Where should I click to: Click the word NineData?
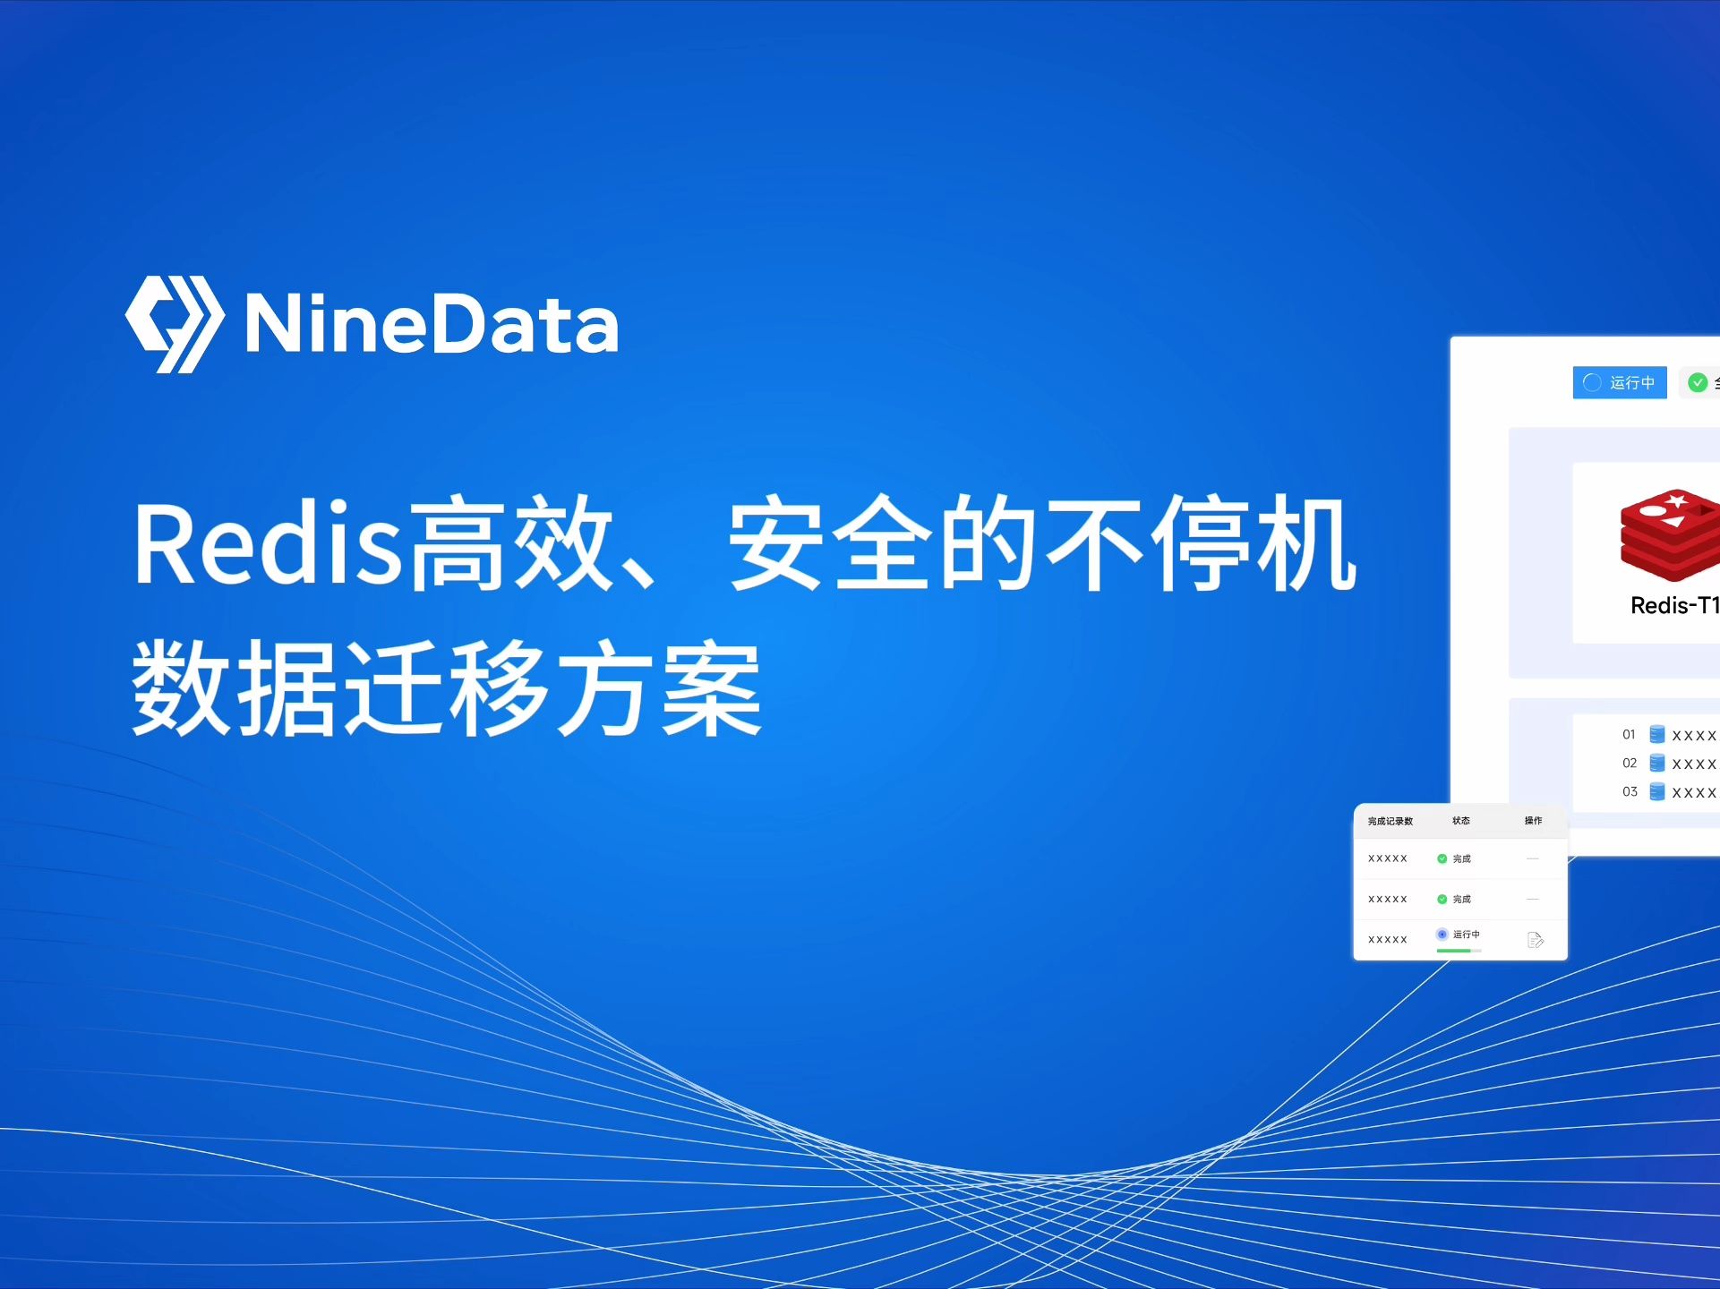pos(432,325)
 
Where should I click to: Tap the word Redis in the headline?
pos(267,544)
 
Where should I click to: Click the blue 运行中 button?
pos(1619,383)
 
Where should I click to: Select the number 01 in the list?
pos(1629,735)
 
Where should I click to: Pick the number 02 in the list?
pos(1629,764)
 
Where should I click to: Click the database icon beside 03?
pos(1657,792)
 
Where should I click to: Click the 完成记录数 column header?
pos(1390,821)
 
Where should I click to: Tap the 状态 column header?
pos(1460,821)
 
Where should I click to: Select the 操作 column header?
pos(1533,821)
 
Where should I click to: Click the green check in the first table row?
pos(1442,858)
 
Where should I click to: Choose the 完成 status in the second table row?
pos(1461,899)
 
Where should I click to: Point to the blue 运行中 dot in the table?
pos(1442,935)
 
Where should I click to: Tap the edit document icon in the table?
pos(1535,940)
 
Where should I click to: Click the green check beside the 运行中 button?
pos(1697,383)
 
